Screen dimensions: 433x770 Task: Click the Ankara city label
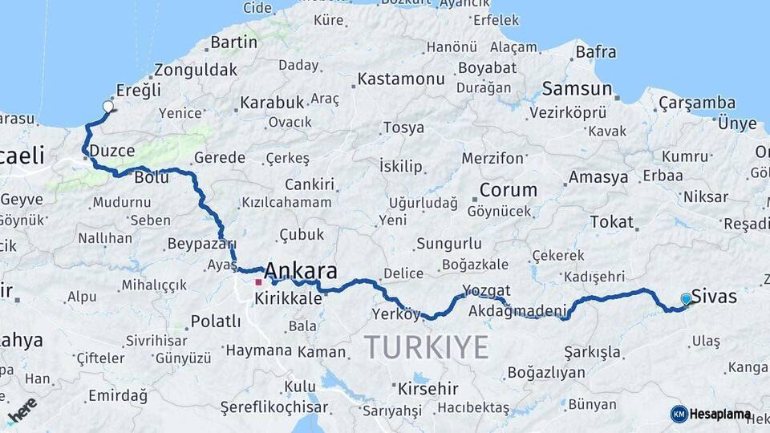coord(300,270)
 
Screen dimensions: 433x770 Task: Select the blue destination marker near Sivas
coord(686,299)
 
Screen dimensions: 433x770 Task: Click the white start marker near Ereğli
coord(108,105)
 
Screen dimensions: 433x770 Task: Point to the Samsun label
coord(577,89)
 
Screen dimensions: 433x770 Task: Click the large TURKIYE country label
coord(426,347)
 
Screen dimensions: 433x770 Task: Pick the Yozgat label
coord(486,290)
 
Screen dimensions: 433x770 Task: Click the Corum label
coord(508,191)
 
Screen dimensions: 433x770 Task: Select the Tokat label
coord(611,222)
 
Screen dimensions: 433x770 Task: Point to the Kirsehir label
coord(428,389)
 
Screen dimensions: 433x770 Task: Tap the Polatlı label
coord(215,322)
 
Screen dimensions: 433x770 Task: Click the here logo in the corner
coord(21,409)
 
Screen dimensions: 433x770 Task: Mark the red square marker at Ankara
coord(258,282)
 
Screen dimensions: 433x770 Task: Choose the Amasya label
coord(598,177)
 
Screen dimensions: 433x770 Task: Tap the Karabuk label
coord(271,103)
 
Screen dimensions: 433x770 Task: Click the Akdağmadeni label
coord(517,310)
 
